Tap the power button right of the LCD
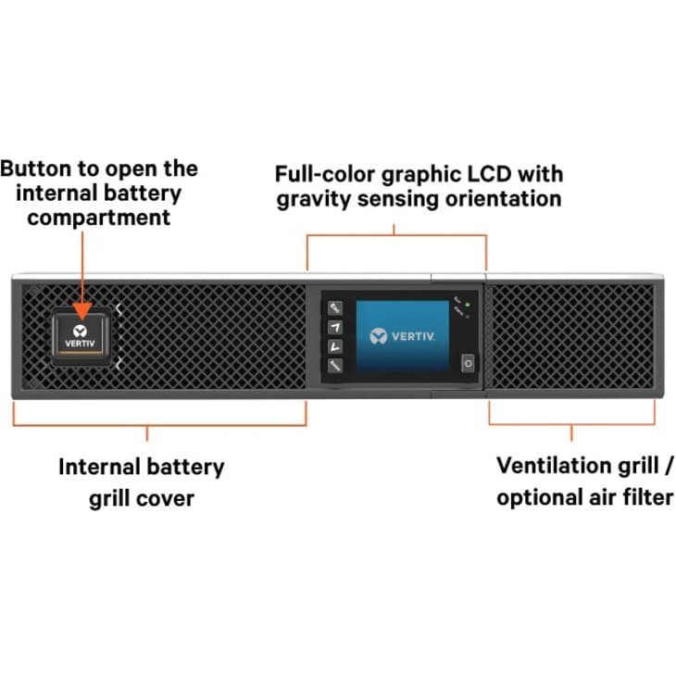coord(468,364)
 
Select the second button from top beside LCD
coord(335,327)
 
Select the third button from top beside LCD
coord(335,345)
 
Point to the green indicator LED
coord(468,306)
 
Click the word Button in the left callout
coord(33,169)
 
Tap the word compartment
coord(98,218)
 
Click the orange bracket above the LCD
coord(396,236)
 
